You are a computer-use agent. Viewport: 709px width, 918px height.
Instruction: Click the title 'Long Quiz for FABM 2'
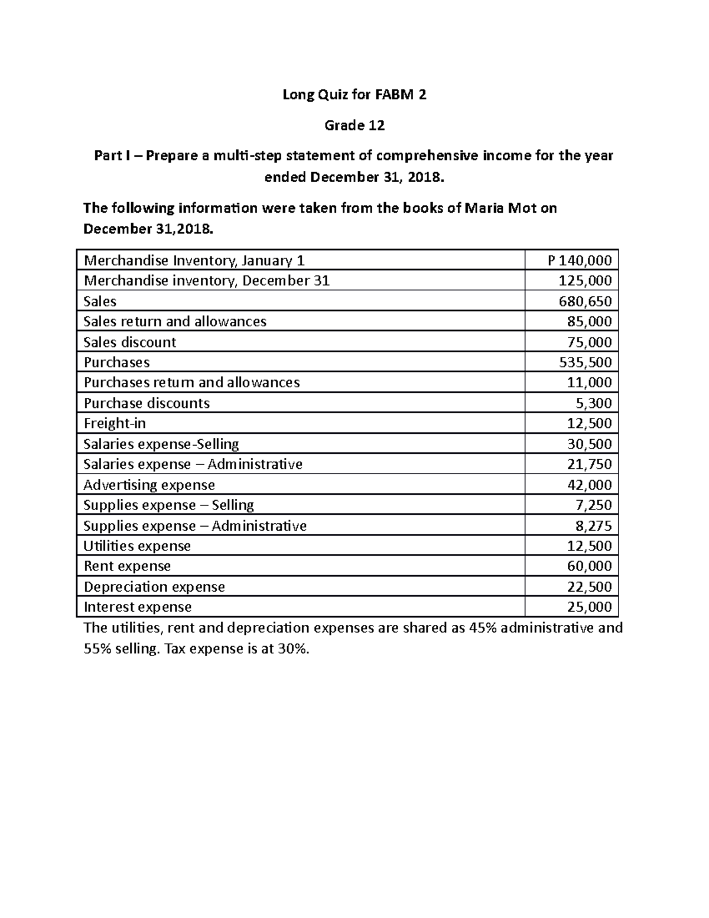354,95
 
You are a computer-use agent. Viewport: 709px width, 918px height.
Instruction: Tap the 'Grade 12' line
354,125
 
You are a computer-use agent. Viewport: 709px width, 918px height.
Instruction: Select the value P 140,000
579,261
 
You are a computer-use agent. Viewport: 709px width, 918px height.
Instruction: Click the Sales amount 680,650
585,301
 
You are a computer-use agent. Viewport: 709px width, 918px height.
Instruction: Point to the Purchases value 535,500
585,362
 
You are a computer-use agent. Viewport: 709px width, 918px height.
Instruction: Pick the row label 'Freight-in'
115,423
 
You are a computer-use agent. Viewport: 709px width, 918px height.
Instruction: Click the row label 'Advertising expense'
149,485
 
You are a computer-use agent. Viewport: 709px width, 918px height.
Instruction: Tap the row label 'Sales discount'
129,342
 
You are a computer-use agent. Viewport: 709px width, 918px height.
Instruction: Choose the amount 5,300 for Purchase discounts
593,403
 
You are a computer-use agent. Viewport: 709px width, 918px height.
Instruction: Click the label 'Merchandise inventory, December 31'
206,281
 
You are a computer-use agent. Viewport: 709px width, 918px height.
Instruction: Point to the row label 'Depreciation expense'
154,587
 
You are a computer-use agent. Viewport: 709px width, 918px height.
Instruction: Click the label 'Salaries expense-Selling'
161,444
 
